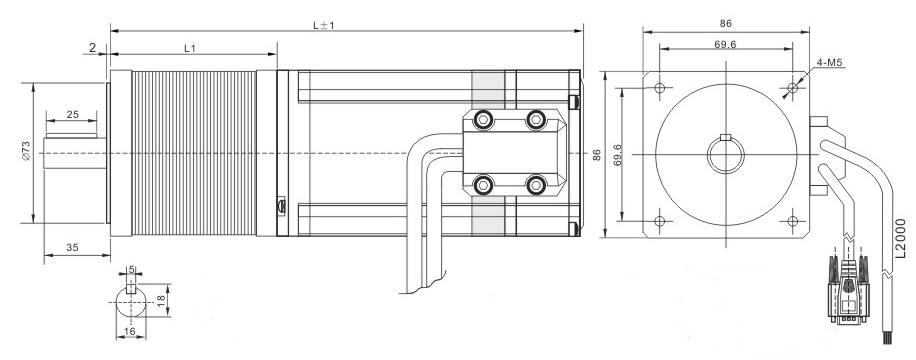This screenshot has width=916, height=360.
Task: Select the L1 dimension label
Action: tap(189, 49)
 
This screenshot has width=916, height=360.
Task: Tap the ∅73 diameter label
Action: tap(25, 151)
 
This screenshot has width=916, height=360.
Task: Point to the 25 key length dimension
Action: tap(72, 115)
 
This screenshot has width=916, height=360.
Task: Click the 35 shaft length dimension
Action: tap(72, 247)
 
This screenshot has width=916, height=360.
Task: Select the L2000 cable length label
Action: tap(901, 238)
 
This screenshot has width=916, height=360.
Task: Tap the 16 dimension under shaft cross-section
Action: tap(130, 332)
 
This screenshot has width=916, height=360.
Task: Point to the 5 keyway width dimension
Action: tap(131, 269)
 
